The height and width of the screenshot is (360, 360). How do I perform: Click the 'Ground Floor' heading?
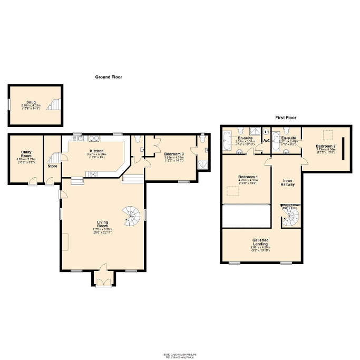(109, 77)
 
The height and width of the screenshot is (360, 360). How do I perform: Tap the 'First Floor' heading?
(286, 118)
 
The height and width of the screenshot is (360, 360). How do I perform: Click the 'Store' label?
(52, 166)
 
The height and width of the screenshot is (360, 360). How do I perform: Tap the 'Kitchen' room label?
(96, 150)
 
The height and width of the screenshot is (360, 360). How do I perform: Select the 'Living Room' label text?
(102, 224)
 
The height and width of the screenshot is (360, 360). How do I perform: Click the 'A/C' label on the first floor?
(266, 141)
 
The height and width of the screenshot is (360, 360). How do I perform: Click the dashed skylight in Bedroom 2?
(327, 133)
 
